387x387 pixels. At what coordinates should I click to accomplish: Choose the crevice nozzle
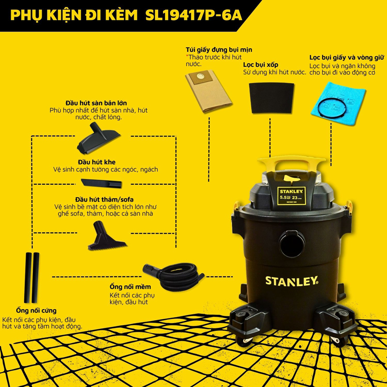102,182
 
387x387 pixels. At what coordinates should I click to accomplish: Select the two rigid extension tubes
32,276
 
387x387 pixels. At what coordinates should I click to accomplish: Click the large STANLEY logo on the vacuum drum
291,280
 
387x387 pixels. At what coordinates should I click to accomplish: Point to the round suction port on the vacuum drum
292,240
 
